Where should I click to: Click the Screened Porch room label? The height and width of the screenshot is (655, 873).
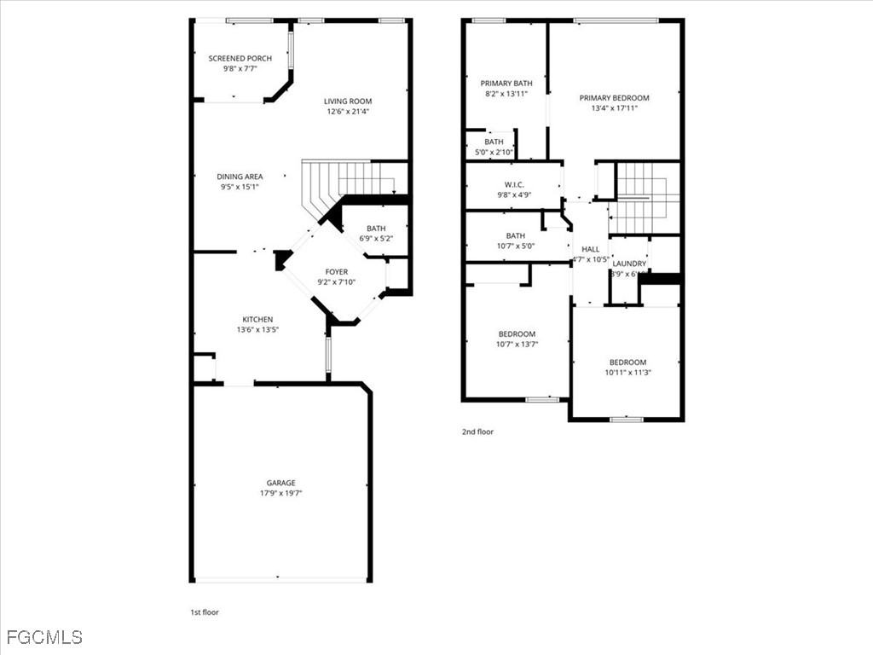[x=240, y=59]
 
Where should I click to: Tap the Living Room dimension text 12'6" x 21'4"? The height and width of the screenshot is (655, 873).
[x=348, y=112]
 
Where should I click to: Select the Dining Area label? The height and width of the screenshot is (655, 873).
[x=240, y=177]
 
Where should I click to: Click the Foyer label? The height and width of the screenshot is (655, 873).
[x=336, y=272]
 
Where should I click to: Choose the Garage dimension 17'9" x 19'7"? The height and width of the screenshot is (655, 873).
[x=280, y=493]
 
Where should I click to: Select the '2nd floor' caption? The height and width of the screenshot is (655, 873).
[x=477, y=432]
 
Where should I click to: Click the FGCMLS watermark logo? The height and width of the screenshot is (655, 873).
[x=44, y=637]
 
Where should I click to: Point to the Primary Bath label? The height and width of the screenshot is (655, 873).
[x=506, y=84]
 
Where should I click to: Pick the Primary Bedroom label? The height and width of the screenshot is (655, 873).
[x=614, y=98]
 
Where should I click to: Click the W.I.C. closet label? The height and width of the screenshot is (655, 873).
[x=514, y=185]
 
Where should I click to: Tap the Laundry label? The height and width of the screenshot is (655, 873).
[x=629, y=264]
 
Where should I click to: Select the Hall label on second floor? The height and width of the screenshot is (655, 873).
[x=590, y=249]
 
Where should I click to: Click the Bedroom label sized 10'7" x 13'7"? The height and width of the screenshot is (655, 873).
[x=517, y=333]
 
